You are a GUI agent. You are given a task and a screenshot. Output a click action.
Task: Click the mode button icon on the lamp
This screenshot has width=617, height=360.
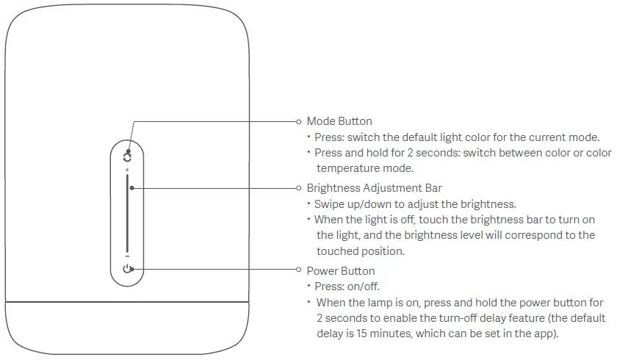(128, 156)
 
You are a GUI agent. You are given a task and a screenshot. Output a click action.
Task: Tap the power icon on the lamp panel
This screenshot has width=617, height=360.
(128, 270)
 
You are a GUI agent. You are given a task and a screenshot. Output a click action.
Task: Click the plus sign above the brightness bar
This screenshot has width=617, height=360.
(127, 170)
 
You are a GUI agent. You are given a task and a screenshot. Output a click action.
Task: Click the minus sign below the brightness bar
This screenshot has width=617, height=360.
(127, 256)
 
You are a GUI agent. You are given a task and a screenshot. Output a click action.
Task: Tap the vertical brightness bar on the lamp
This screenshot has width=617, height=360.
(128, 217)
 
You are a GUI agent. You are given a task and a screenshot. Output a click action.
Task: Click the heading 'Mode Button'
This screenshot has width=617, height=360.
(339, 121)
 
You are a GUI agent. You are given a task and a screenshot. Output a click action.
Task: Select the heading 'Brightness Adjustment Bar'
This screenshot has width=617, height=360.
(374, 188)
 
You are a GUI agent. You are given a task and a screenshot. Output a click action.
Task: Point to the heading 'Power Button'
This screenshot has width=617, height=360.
(341, 271)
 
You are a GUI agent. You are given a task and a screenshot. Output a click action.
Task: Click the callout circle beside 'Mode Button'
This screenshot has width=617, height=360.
(298, 121)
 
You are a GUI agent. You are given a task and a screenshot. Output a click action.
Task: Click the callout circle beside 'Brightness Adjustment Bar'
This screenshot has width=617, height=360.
(298, 188)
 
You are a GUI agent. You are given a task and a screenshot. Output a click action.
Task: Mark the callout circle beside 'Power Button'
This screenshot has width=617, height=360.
(298, 270)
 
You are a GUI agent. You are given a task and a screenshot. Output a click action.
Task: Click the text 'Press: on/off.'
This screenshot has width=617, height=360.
(347, 287)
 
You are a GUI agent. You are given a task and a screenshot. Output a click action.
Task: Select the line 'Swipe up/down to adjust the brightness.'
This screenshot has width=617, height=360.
(415, 204)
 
